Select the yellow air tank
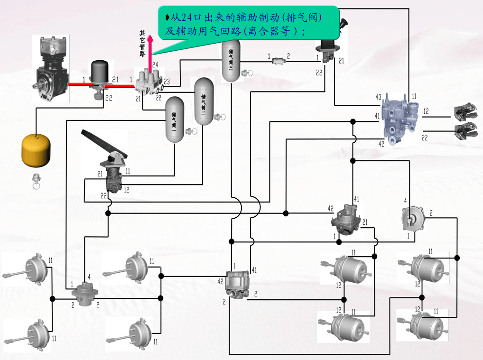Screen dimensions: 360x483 click(x=36, y=150)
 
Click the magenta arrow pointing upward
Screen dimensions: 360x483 click(x=150, y=52)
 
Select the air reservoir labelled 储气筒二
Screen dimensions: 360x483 click(x=204, y=101)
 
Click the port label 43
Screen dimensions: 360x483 click(x=378, y=97)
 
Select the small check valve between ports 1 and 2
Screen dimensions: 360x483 click(x=278, y=60)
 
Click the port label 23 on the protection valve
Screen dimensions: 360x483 click(x=167, y=81)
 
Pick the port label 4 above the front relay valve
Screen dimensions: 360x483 click(x=89, y=276)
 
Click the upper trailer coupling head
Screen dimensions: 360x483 click(x=463, y=112)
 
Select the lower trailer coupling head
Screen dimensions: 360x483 click(x=463, y=130)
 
